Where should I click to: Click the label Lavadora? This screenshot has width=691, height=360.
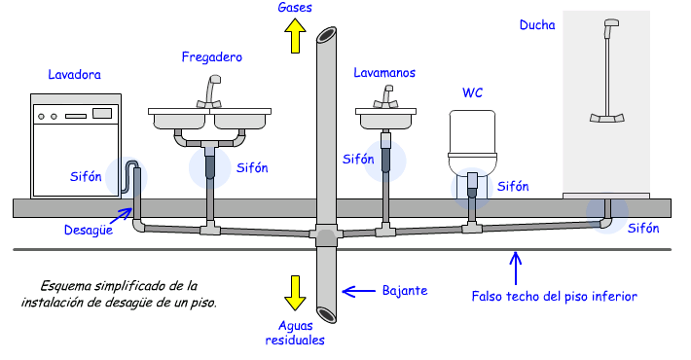click(x=75, y=75)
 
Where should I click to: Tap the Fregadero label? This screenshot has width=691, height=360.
click(x=211, y=57)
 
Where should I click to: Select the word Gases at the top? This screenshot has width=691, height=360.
click(x=295, y=7)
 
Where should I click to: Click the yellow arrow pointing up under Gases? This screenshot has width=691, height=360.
click(x=295, y=36)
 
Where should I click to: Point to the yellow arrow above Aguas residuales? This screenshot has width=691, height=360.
click(x=295, y=293)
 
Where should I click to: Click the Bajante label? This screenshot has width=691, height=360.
click(x=405, y=291)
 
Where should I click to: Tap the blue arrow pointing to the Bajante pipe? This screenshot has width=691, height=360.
click(x=359, y=291)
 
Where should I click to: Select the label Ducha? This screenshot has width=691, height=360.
click(x=537, y=25)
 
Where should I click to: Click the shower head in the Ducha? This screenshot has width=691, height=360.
click(x=611, y=22)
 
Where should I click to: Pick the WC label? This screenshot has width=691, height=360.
click(x=472, y=92)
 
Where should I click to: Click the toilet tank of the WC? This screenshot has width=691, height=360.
click(x=472, y=131)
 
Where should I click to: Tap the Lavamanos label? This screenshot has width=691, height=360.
click(x=384, y=73)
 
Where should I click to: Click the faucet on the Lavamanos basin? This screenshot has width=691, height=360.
click(x=386, y=97)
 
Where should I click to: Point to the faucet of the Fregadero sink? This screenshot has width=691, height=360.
click(x=210, y=91)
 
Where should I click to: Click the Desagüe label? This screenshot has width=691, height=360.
click(x=89, y=230)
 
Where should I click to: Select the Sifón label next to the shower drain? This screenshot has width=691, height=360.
click(x=643, y=229)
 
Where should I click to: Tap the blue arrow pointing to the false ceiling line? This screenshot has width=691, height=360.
click(x=516, y=269)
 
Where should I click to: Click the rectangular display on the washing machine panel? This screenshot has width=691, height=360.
click(x=102, y=114)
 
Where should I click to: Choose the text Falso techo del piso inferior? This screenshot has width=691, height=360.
click(x=555, y=296)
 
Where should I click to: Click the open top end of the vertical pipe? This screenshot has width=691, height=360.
click(x=327, y=35)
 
